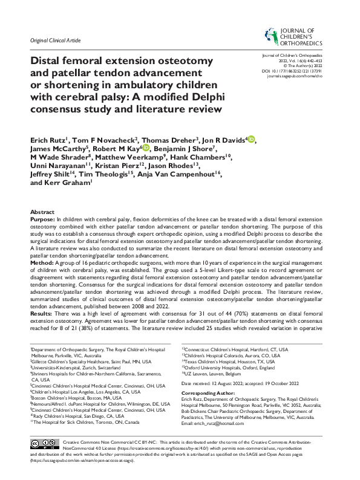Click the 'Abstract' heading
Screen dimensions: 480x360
click(x=42, y=212)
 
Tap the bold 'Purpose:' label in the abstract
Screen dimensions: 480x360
click(x=42, y=220)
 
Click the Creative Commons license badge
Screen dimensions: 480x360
click(x=44, y=460)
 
